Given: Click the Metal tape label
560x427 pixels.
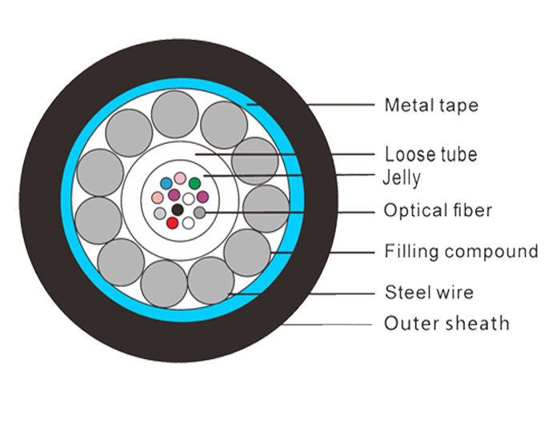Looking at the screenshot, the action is tap(431, 106).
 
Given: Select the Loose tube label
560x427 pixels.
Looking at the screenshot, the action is tap(430, 154).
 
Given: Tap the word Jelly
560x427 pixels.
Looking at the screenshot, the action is tap(402, 178).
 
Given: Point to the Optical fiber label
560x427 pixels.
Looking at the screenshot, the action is tap(438, 210).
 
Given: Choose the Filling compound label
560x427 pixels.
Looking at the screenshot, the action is tap(461, 251).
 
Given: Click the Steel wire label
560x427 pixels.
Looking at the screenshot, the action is tap(430, 293).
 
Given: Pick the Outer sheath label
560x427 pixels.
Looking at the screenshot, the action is tap(446, 323).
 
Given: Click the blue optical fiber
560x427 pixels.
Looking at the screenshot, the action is tap(166, 183).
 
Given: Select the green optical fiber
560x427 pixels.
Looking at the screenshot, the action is tap(194, 183).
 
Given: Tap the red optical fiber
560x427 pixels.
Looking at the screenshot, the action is tap(173, 223).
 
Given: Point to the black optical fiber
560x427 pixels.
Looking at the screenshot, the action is tap(178, 210).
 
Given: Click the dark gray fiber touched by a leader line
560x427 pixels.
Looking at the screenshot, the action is tap(200, 213).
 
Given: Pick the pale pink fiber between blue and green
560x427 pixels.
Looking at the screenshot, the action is tap(180, 178).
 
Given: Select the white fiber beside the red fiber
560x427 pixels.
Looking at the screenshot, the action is tap(188, 223).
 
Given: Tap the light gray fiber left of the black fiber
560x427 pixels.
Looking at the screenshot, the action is tap(160, 213).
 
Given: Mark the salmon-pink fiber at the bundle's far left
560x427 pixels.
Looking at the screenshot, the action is tap(157, 197).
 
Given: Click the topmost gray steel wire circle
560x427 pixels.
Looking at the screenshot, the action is tap(174, 114).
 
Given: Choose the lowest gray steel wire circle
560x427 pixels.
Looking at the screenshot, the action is tap(164, 284).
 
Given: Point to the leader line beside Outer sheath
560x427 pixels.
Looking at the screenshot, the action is tap(327, 325).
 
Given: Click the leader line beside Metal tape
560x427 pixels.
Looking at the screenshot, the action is tap(310, 105).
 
